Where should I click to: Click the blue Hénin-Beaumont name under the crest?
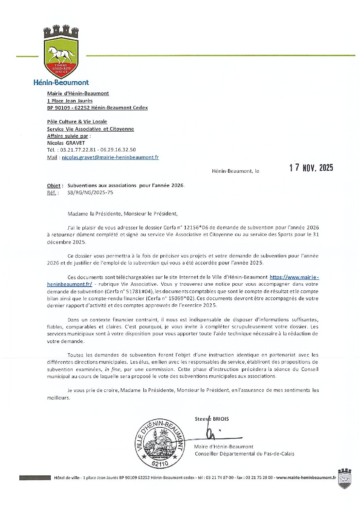tap(61, 82)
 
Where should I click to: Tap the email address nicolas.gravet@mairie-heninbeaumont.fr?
tap(110, 157)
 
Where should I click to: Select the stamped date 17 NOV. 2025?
tap(311, 168)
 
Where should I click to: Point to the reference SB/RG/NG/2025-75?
tap(90, 192)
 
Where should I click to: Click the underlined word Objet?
tap(54, 186)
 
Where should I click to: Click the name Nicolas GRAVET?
tap(66, 143)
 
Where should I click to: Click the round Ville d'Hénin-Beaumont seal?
tap(160, 443)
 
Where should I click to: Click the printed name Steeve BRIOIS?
tap(212, 419)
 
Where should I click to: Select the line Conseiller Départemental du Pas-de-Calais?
tap(244, 454)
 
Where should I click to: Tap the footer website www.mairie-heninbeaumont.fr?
tap(306, 478)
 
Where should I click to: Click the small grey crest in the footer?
tap(344, 478)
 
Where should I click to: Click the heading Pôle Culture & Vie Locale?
tap(77, 122)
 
